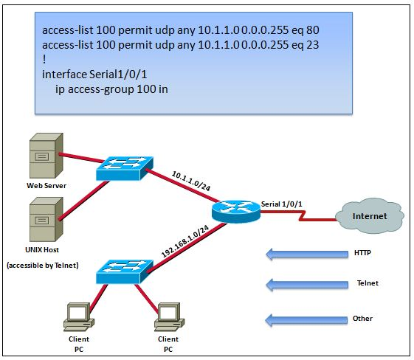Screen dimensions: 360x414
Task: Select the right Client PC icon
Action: coord(168,316)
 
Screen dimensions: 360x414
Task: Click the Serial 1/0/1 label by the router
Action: coord(282,203)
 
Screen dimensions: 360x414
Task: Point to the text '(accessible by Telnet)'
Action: coord(43,264)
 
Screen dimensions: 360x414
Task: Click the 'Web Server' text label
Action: coord(42,186)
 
